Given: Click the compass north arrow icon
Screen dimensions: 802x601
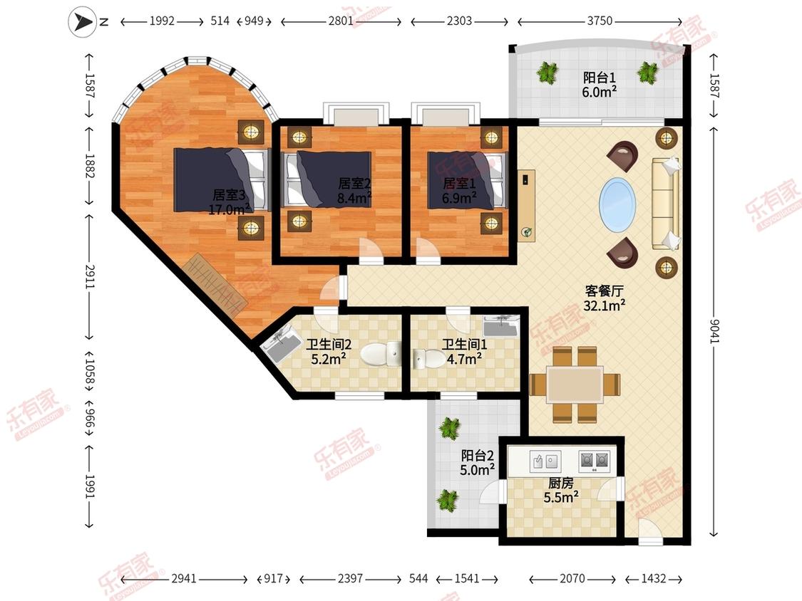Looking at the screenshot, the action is [x=83, y=22].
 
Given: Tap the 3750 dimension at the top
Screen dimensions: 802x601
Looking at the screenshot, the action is [x=600, y=21].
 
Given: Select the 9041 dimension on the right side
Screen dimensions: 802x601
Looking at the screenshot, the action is [x=714, y=330].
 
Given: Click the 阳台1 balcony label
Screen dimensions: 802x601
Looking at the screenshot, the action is [x=600, y=78].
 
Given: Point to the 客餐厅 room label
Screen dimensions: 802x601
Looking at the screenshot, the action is [x=604, y=291].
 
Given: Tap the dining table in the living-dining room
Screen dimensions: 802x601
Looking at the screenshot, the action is [x=575, y=385].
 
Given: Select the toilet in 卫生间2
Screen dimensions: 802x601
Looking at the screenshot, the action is [x=381, y=354].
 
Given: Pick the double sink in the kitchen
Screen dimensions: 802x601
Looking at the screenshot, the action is [x=545, y=461].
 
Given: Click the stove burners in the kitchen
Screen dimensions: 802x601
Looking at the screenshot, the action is [x=595, y=461].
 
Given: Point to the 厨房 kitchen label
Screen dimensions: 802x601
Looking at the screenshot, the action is [x=560, y=482].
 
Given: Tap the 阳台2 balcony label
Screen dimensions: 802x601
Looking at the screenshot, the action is [x=478, y=455].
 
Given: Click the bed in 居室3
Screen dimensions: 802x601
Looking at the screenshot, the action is [x=222, y=179].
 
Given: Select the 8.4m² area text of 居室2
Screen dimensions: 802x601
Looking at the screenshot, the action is [x=354, y=198].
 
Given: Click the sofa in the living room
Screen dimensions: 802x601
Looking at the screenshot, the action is [x=666, y=204].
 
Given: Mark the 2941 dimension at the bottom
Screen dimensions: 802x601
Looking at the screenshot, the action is [x=184, y=578].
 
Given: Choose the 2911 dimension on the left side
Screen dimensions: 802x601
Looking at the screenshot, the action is [x=90, y=276].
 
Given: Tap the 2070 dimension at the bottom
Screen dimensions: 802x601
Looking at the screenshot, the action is [x=572, y=578].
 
